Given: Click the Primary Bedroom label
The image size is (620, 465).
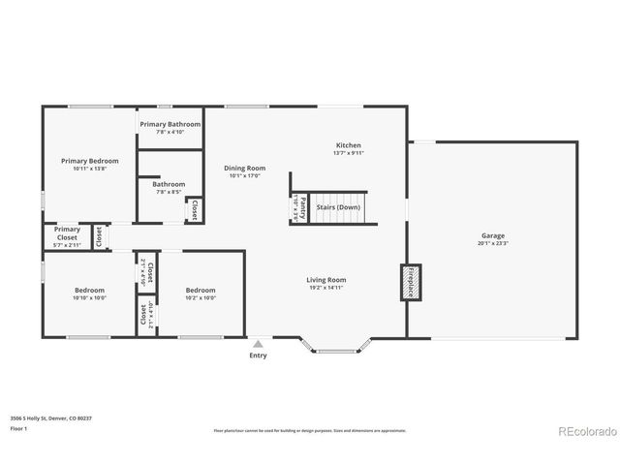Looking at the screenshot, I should click(x=89, y=161).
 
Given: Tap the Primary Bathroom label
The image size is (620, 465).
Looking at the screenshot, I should click(x=170, y=124).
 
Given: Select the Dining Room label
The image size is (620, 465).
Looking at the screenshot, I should click(x=245, y=168).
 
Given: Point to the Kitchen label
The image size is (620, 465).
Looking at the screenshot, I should click(x=349, y=145).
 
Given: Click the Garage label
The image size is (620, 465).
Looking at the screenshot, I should click(x=493, y=236).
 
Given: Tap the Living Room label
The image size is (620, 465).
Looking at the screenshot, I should click(x=326, y=280).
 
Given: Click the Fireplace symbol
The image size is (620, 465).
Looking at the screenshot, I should click(x=411, y=281).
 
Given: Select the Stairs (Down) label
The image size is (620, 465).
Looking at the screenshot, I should click(x=338, y=207).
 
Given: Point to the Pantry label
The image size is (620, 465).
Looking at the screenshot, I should click(x=302, y=206).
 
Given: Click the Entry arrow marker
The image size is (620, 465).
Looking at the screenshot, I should click(x=258, y=342).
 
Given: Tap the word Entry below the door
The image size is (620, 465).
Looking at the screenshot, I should click(x=258, y=355).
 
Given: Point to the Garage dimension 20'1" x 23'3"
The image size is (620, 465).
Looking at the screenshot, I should click(x=493, y=244).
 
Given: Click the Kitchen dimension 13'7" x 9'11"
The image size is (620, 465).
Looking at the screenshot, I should click(x=349, y=153).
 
